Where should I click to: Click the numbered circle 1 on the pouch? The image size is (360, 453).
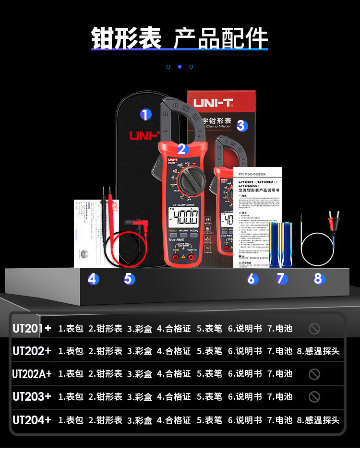pyautogui.click(x=145, y=115)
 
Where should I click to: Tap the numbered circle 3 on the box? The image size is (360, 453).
pyautogui.click(x=241, y=126)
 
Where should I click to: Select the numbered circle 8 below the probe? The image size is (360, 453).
pyautogui.click(x=319, y=278)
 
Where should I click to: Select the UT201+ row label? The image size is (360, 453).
pyautogui.click(x=32, y=329)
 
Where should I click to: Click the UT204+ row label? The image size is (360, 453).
pyautogui.click(x=32, y=420)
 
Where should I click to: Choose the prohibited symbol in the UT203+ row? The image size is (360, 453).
pyautogui.click(x=314, y=397)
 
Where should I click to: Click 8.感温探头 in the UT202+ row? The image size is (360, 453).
pyautogui.click(x=318, y=351)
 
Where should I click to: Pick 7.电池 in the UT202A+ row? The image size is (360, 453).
pyautogui.click(x=280, y=374)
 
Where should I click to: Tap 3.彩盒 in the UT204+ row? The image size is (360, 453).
pyautogui.click(x=140, y=420)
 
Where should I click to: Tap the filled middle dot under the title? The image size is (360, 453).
pyautogui.click(x=180, y=67)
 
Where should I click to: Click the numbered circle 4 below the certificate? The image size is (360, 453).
pyautogui.click(x=93, y=278)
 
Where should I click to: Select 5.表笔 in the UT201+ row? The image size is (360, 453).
pyautogui.click(x=209, y=329)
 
